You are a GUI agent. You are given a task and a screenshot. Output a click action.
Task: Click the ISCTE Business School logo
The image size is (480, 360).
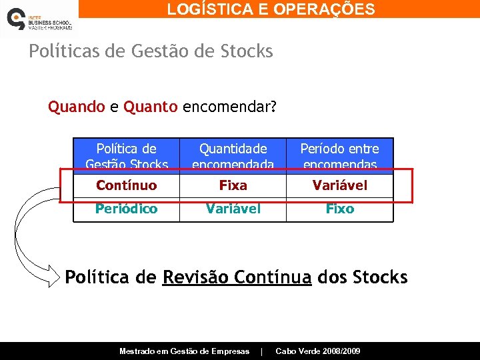(x=38, y=19)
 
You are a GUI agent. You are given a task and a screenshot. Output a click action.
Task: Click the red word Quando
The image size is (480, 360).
(x=76, y=107)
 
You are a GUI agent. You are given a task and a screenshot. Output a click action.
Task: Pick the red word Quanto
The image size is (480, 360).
(x=151, y=107)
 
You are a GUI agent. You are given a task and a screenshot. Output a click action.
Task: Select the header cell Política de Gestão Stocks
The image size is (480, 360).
(x=126, y=156)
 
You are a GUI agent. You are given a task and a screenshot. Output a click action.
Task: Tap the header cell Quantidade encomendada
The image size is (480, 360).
(x=233, y=156)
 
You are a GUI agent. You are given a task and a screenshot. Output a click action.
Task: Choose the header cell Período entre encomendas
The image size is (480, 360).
(x=339, y=156)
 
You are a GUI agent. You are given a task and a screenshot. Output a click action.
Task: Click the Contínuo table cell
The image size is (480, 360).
(x=126, y=185)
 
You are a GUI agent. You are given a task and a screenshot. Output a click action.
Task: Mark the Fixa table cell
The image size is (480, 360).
(x=233, y=185)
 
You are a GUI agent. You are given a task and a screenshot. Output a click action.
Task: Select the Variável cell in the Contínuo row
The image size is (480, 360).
(x=339, y=185)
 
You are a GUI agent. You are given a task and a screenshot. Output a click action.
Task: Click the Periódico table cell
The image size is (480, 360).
(x=126, y=209)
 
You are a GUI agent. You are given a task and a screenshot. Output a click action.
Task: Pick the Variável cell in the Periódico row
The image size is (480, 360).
(x=233, y=209)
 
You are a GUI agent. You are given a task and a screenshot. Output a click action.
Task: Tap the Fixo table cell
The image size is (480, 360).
(x=339, y=209)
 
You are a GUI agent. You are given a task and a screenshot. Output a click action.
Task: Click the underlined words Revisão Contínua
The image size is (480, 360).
(x=237, y=277)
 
